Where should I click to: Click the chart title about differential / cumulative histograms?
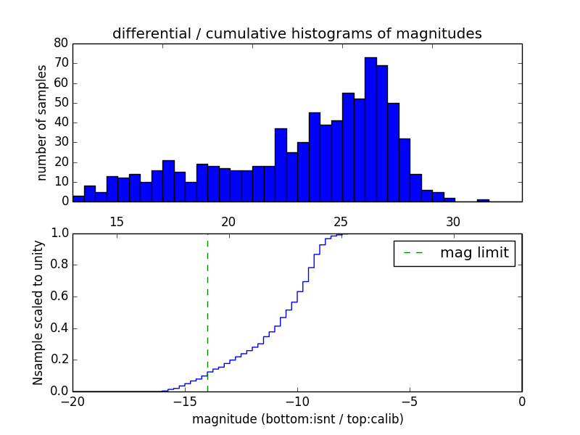click(x=297, y=34)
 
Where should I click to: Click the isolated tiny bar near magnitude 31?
click(x=483, y=200)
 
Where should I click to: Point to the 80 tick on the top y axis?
click(x=61, y=43)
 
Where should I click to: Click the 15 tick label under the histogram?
click(x=117, y=221)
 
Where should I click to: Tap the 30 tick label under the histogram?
click(x=453, y=221)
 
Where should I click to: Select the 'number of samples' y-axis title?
click(x=42, y=123)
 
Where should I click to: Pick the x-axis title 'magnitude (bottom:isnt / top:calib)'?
click(x=297, y=419)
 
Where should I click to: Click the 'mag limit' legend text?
click(x=474, y=253)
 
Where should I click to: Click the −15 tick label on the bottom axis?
click(x=184, y=402)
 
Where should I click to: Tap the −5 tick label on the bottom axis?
click(x=409, y=402)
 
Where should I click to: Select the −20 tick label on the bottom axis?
click(x=72, y=402)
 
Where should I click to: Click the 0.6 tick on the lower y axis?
click(x=59, y=297)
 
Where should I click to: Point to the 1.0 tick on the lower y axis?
click(x=59, y=233)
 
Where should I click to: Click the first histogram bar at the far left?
click(x=78, y=199)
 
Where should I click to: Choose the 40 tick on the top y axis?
click(x=61, y=123)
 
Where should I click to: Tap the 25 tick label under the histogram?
click(x=341, y=221)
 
